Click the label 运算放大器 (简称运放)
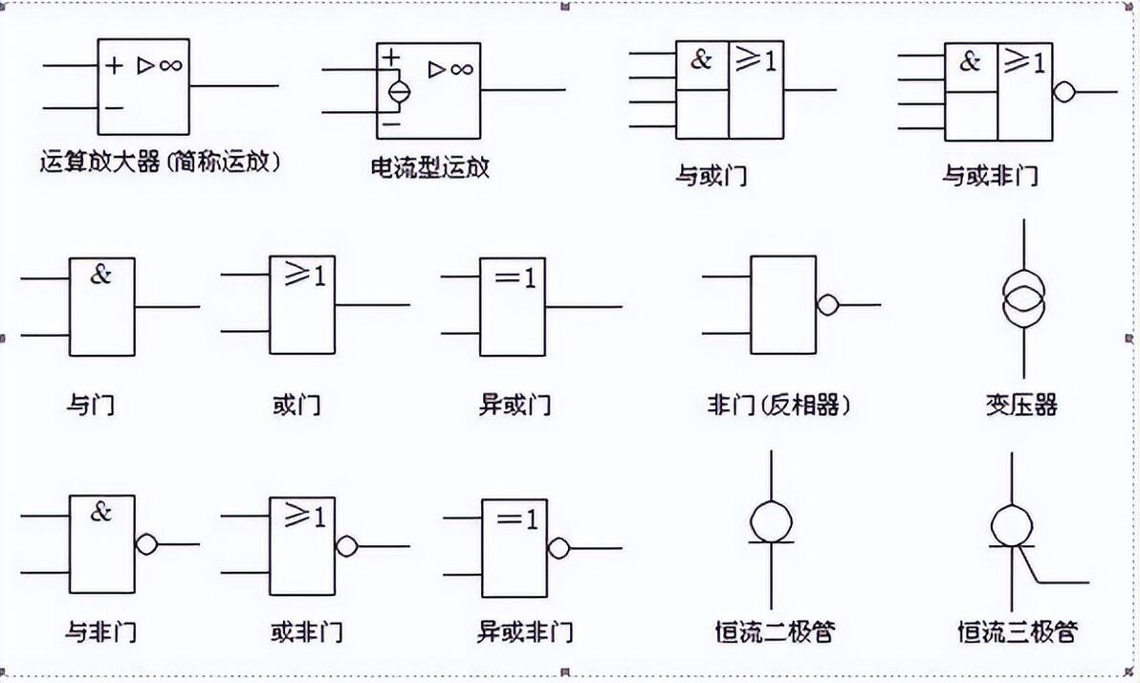160,161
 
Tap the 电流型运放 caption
429,167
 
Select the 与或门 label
711,175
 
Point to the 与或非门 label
990,175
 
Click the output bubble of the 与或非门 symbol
1063,93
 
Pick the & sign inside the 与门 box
101,275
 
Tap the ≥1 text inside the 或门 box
305,275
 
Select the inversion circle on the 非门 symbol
827,305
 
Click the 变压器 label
1020,405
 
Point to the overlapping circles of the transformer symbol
1023,299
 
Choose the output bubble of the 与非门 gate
146,544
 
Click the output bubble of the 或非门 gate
346,545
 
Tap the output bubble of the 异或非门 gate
559,548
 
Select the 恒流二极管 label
775,631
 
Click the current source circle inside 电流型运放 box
399,92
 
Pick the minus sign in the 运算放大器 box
114,108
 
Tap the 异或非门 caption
524,631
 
